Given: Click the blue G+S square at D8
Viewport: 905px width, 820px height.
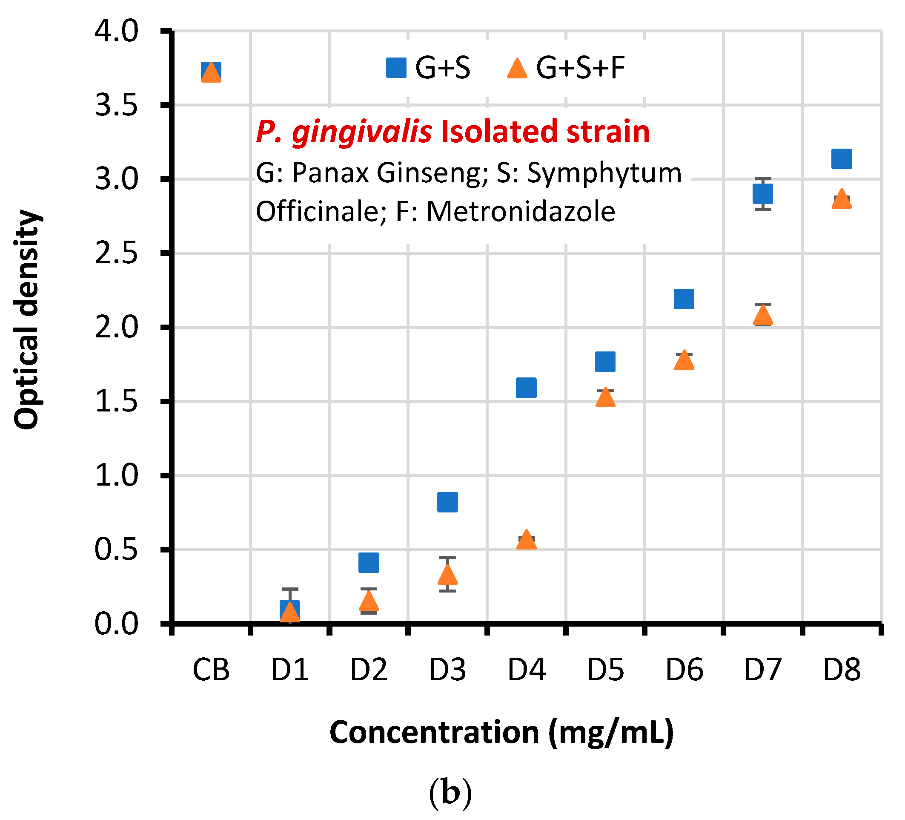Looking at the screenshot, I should (841, 158).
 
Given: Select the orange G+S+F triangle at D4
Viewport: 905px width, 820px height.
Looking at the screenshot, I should (526, 541).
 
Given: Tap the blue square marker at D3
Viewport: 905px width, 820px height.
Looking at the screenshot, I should (447, 502).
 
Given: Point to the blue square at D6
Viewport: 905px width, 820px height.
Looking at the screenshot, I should (684, 299).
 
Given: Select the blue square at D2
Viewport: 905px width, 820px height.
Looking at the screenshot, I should (369, 563).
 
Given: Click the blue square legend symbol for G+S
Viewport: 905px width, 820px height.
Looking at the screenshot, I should (396, 68).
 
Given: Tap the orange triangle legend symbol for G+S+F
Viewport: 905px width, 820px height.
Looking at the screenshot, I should (517, 69).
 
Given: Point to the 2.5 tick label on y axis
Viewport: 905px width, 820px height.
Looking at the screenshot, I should (116, 253).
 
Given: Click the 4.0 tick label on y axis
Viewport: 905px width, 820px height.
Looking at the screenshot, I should (116, 32).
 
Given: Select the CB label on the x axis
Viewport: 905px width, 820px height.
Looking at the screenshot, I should (211, 670).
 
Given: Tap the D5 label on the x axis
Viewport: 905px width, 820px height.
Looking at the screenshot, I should (605, 670).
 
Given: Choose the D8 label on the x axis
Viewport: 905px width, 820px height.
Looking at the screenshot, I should (842, 670).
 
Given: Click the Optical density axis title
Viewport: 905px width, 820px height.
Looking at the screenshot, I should (27, 319).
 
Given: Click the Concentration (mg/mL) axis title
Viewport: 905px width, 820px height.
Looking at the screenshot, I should (501, 733).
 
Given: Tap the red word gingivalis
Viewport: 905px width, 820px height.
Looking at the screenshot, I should (362, 132).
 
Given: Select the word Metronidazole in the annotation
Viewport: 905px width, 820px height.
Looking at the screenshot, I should (520, 212).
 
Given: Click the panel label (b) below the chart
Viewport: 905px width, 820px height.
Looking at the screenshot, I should (450, 794).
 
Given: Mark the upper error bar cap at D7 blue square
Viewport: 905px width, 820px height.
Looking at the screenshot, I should (763, 179).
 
